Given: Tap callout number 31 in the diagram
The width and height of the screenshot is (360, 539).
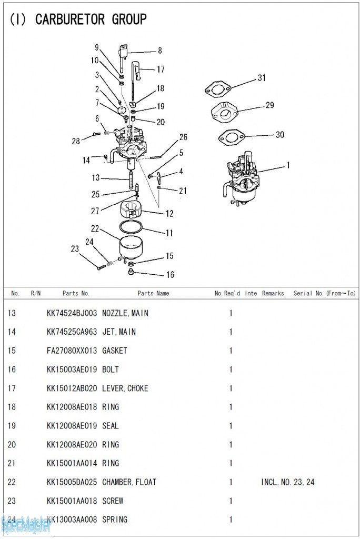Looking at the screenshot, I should (x=262, y=78).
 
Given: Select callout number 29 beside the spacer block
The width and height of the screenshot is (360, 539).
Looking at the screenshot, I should (x=269, y=105).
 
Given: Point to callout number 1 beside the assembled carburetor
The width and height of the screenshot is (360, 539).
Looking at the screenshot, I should (x=287, y=165).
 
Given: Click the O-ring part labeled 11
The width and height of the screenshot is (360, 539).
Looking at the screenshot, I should (x=131, y=227).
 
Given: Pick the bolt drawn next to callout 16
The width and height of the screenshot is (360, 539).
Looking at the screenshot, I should (x=132, y=272).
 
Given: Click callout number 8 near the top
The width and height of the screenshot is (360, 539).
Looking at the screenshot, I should (x=159, y=51).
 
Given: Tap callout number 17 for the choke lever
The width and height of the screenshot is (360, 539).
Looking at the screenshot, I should (x=161, y=69).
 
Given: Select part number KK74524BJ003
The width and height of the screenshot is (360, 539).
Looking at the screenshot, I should (x=72, y=313).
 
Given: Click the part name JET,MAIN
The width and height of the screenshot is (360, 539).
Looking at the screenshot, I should (x=118, y=332).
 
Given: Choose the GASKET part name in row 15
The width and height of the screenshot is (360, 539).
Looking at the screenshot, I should (x=114, y=351).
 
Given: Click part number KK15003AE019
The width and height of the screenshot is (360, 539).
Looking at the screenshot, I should (x=72, y=370).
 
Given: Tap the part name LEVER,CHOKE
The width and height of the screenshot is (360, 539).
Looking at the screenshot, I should (x=125, y=388).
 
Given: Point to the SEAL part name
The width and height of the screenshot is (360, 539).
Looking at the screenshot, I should (x=111, y=426).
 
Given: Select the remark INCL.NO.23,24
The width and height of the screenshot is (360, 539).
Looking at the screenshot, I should (x=287, y=482).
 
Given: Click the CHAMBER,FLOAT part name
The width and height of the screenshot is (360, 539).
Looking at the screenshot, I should (x=129, y=482).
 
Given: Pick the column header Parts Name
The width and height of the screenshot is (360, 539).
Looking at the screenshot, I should (x=153, y=293).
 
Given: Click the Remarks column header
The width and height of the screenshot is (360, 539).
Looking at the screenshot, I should (x=273, y=293).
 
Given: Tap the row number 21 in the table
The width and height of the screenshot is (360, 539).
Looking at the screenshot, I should (x=12, y=463).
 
